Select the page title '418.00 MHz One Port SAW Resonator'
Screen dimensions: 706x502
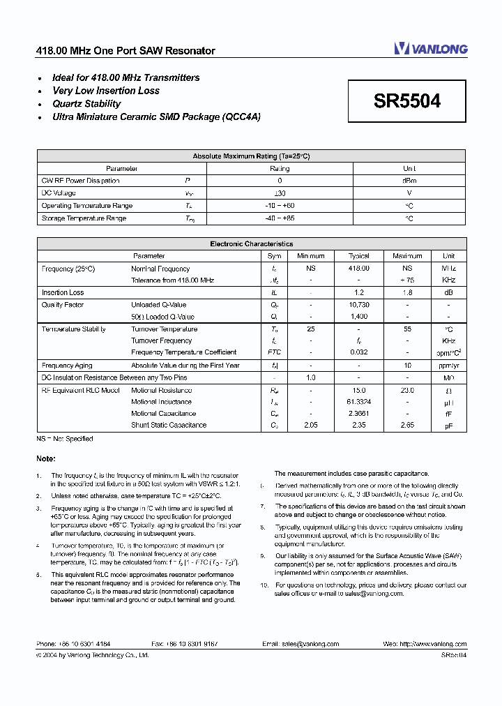[125, 51]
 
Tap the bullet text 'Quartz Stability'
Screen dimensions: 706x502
[86, 104]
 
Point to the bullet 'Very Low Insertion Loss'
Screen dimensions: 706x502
[106, 91]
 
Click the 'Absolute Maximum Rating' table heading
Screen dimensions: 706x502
[251, 156]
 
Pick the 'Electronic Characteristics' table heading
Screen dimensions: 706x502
[251, 244]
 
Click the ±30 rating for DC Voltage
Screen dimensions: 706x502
[280, 193]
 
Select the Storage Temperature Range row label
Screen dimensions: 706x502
[84, 218]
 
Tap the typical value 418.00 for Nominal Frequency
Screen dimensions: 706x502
[358, 269]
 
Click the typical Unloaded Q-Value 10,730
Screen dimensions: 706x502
[358, 305]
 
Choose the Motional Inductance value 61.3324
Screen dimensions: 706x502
[358, 402]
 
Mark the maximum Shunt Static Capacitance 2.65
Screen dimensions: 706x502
[407, 425]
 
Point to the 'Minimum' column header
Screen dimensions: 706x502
[310, 256]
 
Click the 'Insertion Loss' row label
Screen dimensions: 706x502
[63, 293]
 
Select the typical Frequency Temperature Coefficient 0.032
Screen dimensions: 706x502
[358, 352]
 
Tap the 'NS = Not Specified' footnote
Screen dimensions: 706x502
[65, 439]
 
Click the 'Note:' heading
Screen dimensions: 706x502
[46, 458]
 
